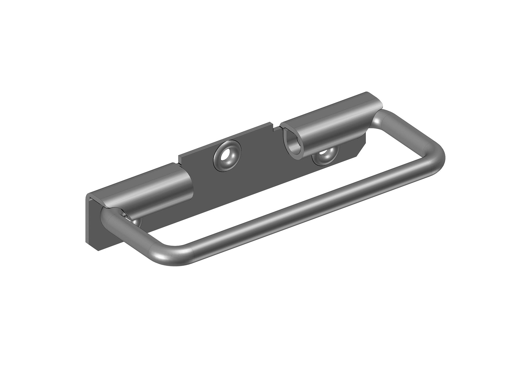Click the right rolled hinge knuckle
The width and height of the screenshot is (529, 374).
coord(331,124)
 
